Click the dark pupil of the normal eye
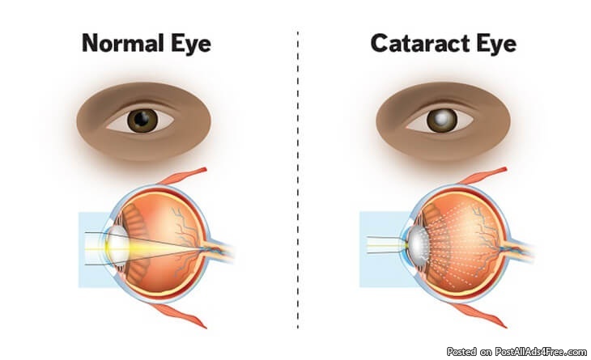[x=144, y=121]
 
